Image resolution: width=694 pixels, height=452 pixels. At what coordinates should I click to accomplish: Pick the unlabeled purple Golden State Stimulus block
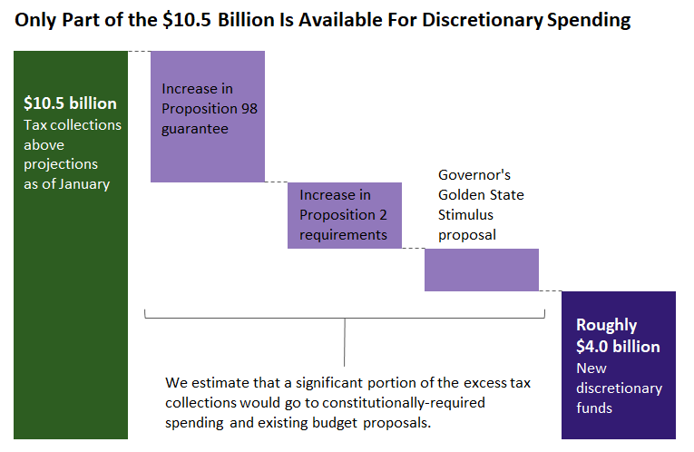[481, 270]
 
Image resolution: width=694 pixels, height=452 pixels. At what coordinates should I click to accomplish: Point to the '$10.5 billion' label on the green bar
[70, 103]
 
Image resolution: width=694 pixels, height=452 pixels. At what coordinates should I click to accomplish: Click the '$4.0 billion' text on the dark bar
[618, 347]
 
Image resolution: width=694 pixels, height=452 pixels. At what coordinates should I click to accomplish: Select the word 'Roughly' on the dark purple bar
[607, 325]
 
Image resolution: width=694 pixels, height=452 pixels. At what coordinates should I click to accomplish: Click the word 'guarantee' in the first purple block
[195, 129]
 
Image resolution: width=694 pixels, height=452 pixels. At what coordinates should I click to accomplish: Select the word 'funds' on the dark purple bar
[594, 408]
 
